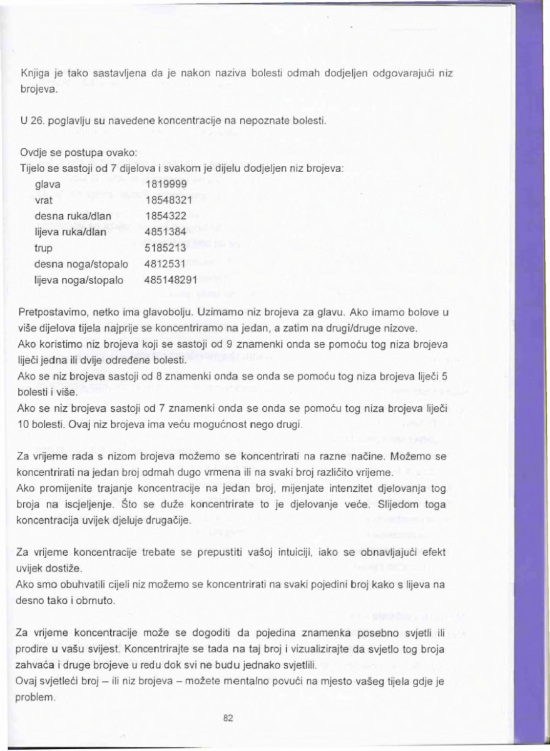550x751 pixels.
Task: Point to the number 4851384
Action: click(162, 231)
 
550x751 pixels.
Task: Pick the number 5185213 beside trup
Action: click(162, 247)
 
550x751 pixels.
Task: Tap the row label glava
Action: click(49, 185)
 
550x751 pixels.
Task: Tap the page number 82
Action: click(228, 718)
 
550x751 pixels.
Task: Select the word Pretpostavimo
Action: click(51, 311)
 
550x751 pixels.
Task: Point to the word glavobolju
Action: click(175, 311)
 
